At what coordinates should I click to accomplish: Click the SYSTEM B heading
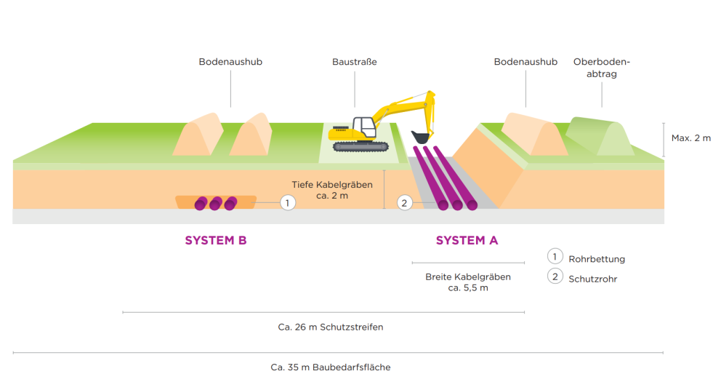click(216, 241)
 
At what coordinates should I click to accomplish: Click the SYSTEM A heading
click(467, 241)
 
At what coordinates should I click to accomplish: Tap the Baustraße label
click(355, 63)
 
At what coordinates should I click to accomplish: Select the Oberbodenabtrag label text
click(601, 68)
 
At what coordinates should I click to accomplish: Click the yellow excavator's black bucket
click(419, 136)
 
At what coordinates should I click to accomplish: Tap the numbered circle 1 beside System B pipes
click(288, 203)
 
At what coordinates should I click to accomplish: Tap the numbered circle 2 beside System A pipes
click(405, 203)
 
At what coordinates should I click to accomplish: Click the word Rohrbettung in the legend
click(597, 259)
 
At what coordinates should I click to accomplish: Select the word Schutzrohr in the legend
click(592, 279)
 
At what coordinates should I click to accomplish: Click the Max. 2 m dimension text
click(691, 138)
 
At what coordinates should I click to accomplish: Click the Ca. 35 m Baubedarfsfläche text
click(331, 367)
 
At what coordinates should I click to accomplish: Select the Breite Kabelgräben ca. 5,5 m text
click(468, 282)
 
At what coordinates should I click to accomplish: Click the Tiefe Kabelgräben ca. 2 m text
click(332, 190)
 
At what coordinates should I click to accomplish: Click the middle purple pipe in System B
click(216, 204)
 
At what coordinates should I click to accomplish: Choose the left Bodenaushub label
click(230, 63)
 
